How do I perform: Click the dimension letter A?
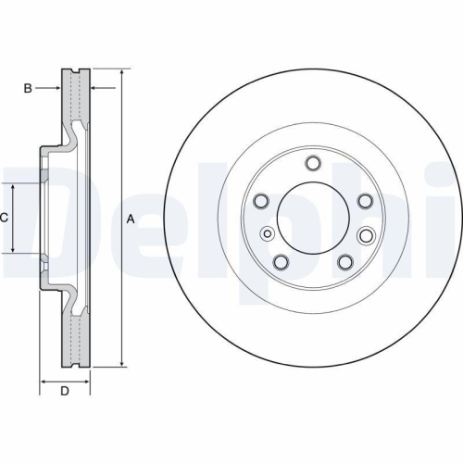(131, 219)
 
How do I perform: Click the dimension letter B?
(28, 89)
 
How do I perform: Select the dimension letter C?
(5, 218)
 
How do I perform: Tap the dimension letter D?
(65, 391)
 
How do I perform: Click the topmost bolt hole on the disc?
(313, 165)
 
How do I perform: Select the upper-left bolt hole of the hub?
(260, 201)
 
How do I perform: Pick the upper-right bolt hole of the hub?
(364, 200)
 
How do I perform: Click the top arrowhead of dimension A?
(121, 71)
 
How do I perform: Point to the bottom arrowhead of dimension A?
(121, 365)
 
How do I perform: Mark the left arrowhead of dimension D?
(43, 380)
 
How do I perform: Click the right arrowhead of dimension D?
(88, 380)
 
